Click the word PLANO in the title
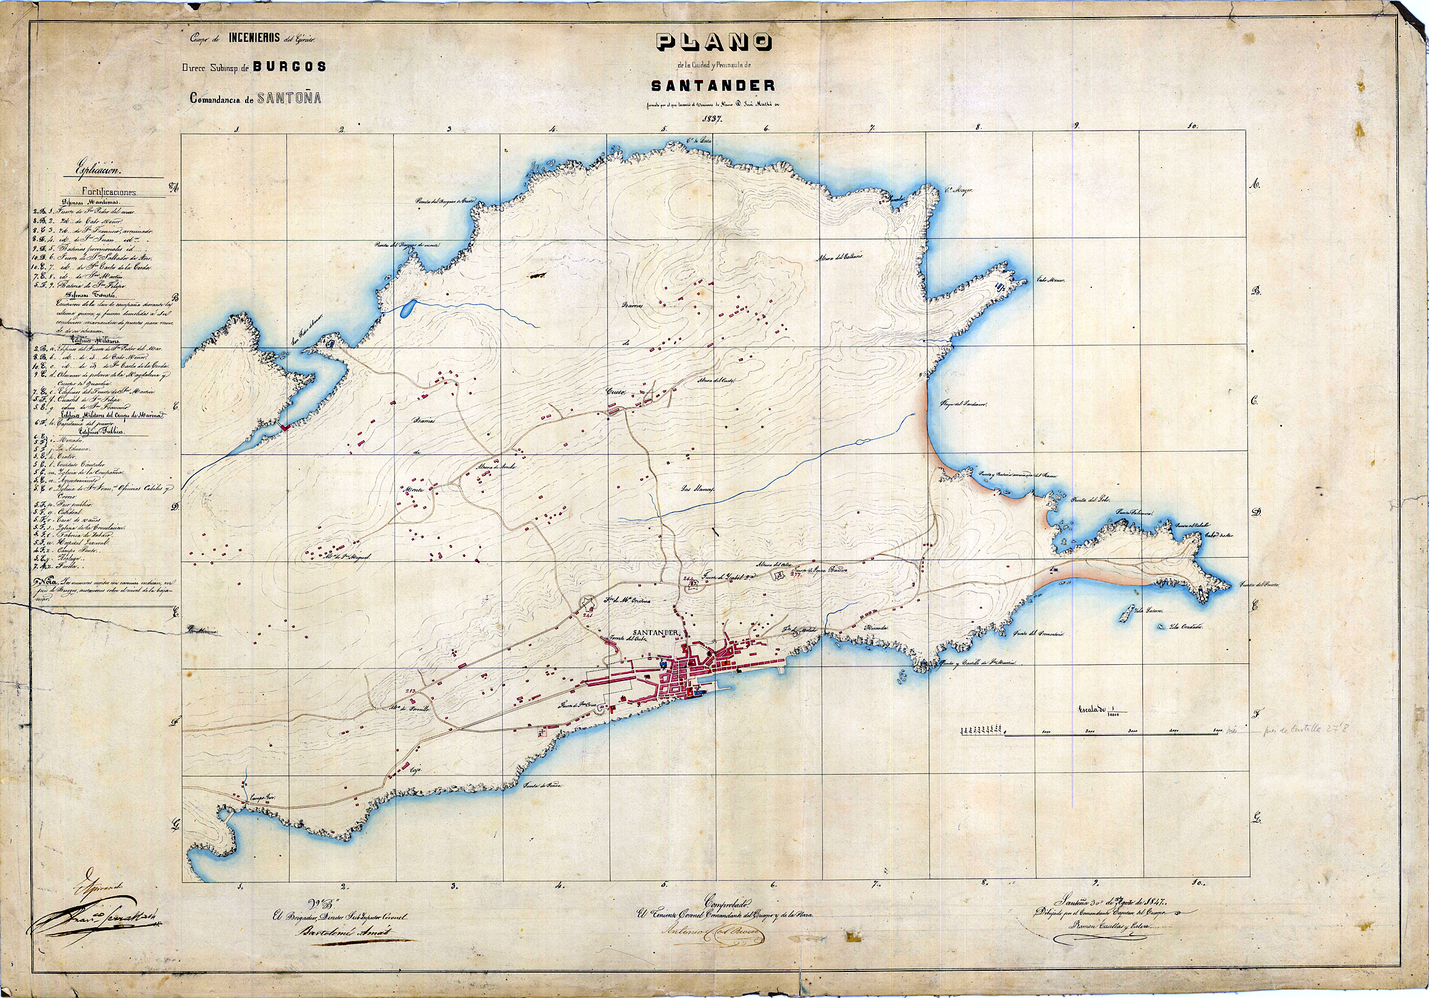(x=713, y=42)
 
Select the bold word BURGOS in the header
(x=289, y=67)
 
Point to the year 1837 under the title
(x=712, y=118)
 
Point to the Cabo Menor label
(x=1051, y=280)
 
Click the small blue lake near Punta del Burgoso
(x=407, y=307)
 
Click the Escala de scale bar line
(x=1111, y=735)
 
